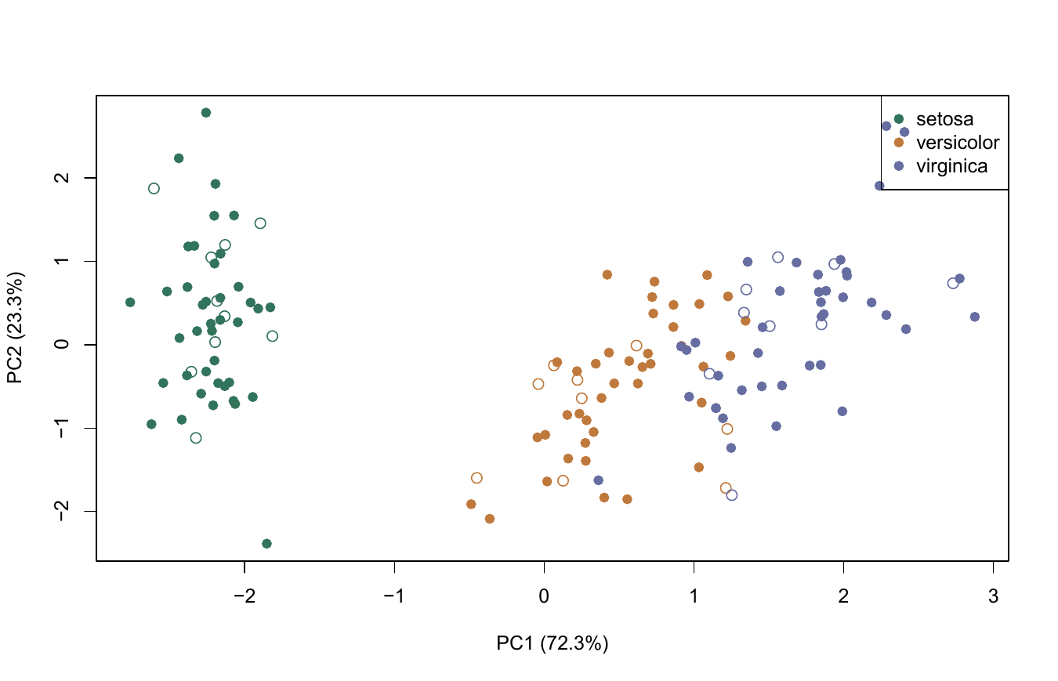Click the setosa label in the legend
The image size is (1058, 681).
click(x=944, y=119)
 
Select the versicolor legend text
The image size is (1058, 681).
click(x=958, y=143)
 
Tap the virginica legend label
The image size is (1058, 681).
click(x=951, y=166)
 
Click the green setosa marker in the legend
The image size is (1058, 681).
click(x=899, y=119)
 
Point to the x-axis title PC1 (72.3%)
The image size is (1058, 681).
click(x=553, y=643)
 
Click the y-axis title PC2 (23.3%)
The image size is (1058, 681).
click(x=15, y=328)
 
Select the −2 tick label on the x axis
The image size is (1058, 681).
click(x=245, y=596)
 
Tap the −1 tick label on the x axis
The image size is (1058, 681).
click(x=394, y=596)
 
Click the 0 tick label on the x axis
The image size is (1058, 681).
click(x=544, y=596)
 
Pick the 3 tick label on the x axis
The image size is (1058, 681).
click(x=993, y=596)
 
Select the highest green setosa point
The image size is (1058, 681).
click(x=206, y=112)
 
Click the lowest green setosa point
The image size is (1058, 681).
click(x=267, y=544)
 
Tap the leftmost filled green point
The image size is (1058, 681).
click(x=130, y=302)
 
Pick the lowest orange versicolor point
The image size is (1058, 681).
click(x=490, y=519)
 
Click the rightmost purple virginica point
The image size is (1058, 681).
click(x=975, y=317)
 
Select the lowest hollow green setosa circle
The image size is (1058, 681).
click(x=196, y=438)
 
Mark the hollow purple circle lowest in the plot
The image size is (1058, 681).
click(x=732, y=495)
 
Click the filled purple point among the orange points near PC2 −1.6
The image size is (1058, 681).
click(x=599, y=480)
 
